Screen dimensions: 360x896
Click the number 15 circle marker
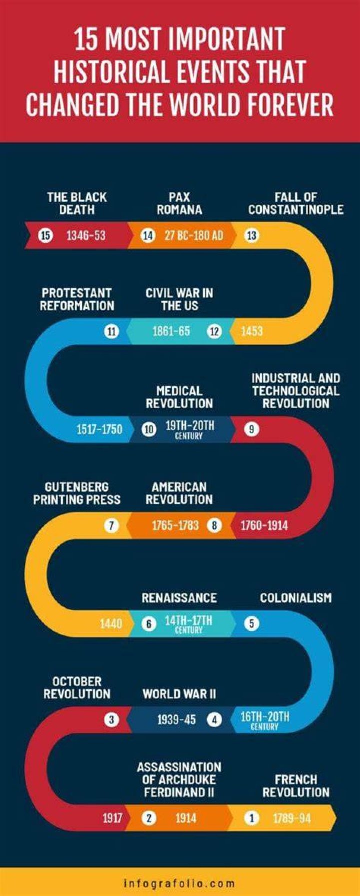(x=45, y=235)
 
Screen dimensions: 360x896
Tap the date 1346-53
(x=86, y=235)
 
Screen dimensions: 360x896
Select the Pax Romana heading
(x=179, y=203)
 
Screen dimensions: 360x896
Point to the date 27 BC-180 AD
(x=194, y=235)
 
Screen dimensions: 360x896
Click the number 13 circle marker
(x=251, y=235)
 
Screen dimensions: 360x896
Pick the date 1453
(x=252, y=331)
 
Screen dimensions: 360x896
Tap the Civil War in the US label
(x=179, y=299)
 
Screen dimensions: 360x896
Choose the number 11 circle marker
(x=111, y=331)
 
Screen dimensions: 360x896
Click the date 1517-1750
(x=99, y=429)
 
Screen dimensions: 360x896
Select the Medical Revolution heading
(x=179, y=397)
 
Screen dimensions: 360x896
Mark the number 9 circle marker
(x=251, y=429)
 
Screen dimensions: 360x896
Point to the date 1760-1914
(x=264, y=525)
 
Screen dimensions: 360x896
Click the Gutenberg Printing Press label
(x=77, y=493)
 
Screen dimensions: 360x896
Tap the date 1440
(x=111, y=623)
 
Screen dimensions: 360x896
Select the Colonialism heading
(x=296, y=597)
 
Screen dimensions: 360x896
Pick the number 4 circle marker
(x=214, y=720)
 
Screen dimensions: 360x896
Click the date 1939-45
(x=176, y=720)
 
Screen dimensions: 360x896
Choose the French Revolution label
(x=296, y=786)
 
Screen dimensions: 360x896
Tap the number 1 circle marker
(x=252, y=818)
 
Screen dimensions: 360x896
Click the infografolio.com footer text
(x=179, y=883)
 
